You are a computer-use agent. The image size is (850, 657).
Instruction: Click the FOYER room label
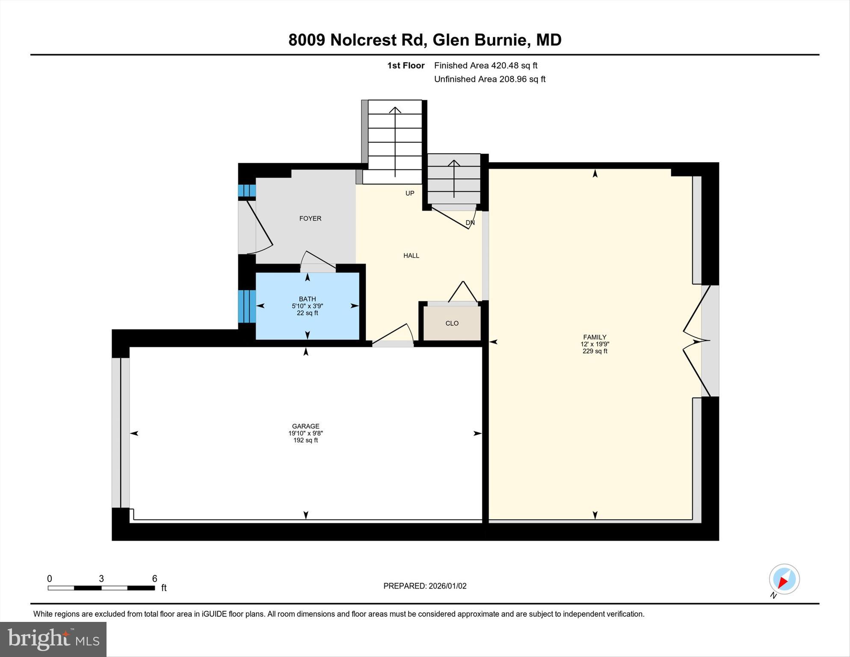(x=310, y=218)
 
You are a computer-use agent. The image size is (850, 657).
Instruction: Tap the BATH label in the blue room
(x=307, y=299)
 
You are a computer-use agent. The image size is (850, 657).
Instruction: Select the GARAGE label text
(x=305, y=426)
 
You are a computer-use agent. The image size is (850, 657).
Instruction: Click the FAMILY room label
(x=595, y=337)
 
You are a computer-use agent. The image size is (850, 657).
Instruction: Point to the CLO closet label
(x=452, y=323)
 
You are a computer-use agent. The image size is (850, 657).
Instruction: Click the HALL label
(x=411, y=256)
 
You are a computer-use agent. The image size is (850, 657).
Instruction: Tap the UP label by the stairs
(x=410, y=193)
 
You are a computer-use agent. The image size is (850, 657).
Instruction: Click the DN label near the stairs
(x=470, y=223)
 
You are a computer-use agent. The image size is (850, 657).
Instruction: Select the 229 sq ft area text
(x=595, y=351)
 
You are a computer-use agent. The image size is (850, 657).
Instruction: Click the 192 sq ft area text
(x=305, y=440)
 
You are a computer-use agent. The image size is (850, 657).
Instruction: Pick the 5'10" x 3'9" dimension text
(x=307, y=306)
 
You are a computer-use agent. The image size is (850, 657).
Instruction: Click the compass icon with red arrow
(x=784, y=579)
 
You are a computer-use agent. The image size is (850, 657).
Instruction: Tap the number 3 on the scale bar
(x=101, y=579)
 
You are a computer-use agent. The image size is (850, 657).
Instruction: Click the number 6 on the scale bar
(x=155, y=579)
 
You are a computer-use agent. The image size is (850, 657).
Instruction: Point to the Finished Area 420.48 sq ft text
(x=486, y=65)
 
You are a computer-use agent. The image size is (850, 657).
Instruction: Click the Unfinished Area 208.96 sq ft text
(x=489, y=79)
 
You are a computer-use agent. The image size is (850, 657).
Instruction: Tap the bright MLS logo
(x=53, y=639)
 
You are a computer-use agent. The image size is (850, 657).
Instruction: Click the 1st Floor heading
(x=406, y=65)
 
